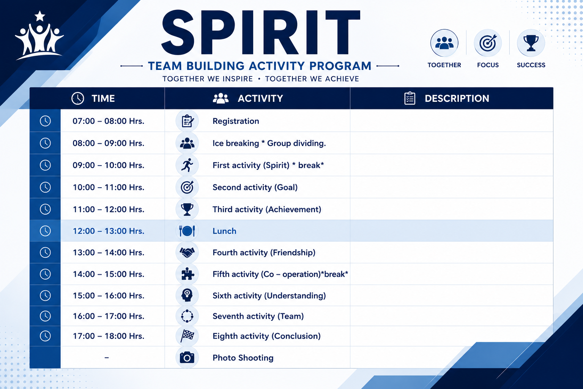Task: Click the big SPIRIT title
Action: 261,32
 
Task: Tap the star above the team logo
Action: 40,16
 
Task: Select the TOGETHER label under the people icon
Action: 444,65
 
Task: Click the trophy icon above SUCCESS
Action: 531,43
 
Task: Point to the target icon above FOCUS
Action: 488,43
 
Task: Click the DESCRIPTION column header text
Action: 457,98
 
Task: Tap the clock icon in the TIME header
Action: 77,98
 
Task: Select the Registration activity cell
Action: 236,121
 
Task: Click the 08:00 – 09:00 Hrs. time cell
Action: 108,143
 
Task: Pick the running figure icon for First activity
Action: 187,165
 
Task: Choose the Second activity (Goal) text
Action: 255,187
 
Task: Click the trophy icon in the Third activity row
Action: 187,209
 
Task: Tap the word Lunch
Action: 224,231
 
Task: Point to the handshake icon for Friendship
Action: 187,252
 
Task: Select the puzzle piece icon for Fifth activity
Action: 188,274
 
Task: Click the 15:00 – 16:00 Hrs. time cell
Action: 108,296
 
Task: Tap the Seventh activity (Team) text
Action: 258,316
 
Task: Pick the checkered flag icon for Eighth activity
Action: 187,336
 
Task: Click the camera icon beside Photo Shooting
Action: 187,357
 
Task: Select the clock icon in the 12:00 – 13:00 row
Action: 45,231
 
